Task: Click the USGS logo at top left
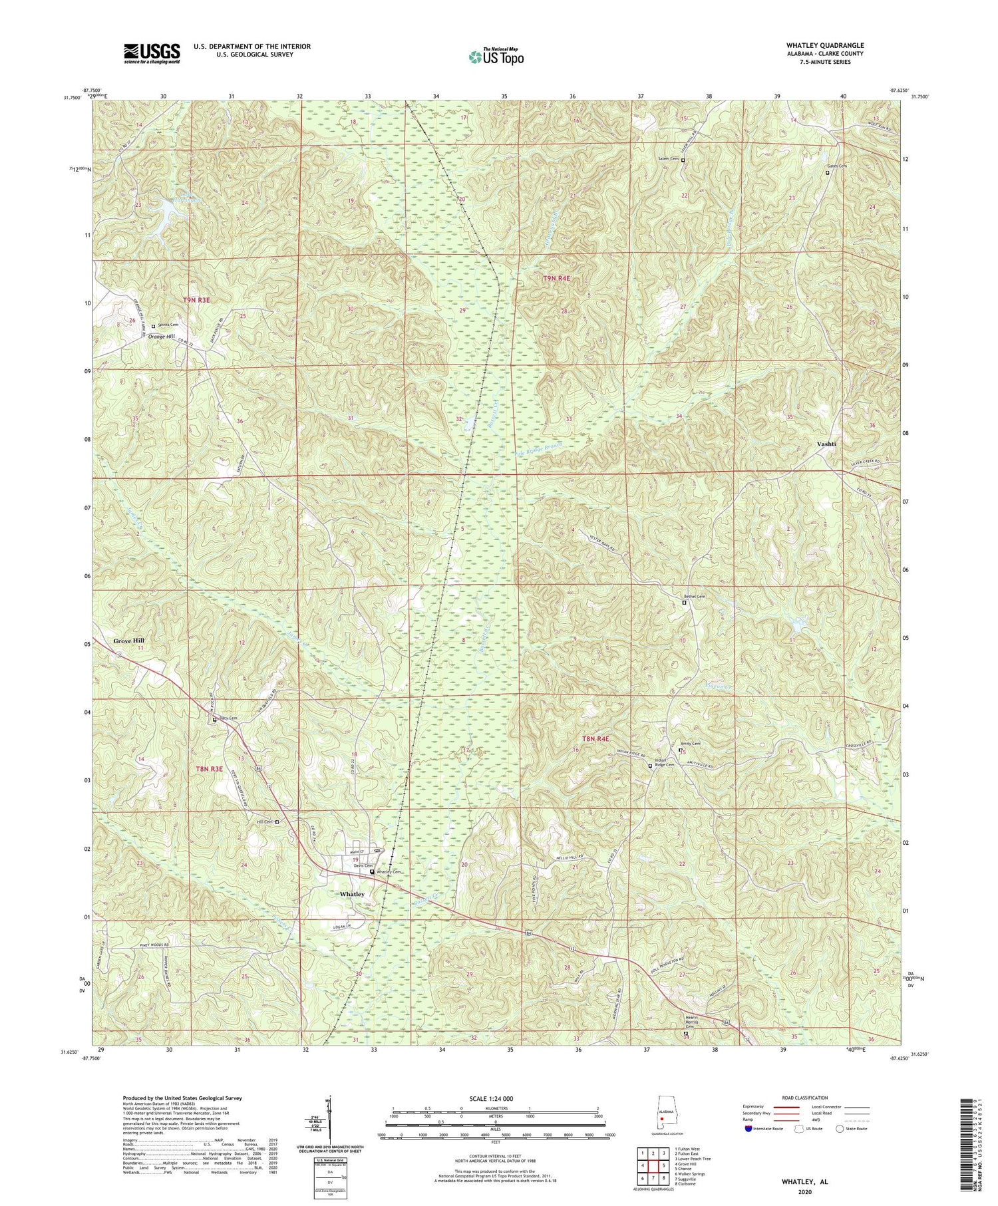[152, 53]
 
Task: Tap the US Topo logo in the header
[496, 57]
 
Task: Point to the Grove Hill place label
[128, 641]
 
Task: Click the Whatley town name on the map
[351, 894]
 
